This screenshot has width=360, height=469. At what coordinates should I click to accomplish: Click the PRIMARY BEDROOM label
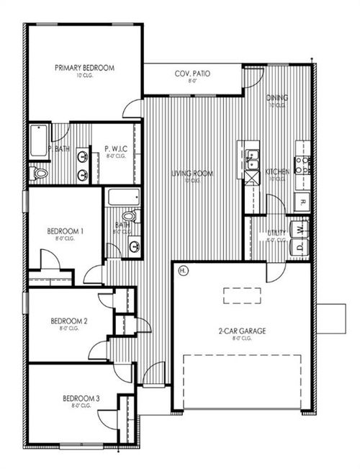(84, 68)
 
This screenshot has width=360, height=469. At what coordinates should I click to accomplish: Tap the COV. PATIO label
(192, 74)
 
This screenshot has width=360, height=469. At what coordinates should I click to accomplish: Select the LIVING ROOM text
(191, 173)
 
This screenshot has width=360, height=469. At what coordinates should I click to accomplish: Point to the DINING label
(277, 98)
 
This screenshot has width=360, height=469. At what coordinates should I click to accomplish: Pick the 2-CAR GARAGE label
(242, 331)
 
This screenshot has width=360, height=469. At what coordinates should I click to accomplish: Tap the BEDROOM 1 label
(66, 231)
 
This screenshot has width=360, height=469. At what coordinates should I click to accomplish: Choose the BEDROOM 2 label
(69, 321)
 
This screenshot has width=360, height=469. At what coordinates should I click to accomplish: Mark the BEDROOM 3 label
(81, 398)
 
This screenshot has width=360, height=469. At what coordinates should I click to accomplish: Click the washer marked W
(300, 229)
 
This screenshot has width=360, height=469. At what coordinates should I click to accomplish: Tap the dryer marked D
(300, 247)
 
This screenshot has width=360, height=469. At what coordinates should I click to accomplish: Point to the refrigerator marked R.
(303, 202)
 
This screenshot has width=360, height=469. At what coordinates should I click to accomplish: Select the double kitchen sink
(252, 160)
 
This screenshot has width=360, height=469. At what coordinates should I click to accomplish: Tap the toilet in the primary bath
(39, 173)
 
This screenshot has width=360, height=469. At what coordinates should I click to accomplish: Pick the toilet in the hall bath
(128, 215)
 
